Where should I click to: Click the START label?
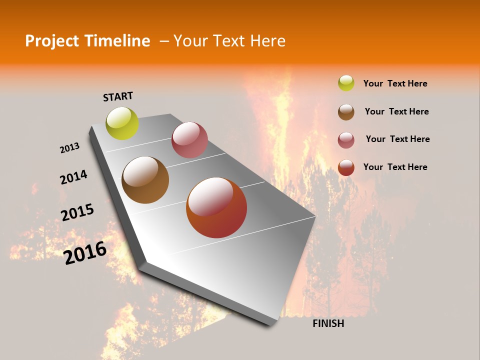click(118, 96)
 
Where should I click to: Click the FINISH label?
click(328, 323)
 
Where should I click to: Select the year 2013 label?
click(69, 148)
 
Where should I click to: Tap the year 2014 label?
click(73, 177)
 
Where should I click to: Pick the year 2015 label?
click(77, 212)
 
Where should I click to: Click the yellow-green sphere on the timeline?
click(122, 123)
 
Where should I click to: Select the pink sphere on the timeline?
click(189, 140)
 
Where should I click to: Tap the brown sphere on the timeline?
click(145, 180)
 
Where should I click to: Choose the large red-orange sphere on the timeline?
click(216, 207)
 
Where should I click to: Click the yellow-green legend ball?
click(346, 83)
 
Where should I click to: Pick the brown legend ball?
click(346, 112)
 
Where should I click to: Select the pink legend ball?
click(346, 140)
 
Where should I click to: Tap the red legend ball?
click(346, 167)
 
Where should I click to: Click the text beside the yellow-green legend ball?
click(395, 83)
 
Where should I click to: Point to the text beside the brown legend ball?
click(396, 111)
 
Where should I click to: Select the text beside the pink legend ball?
click(397, 139)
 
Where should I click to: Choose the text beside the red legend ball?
click(395, 167)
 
